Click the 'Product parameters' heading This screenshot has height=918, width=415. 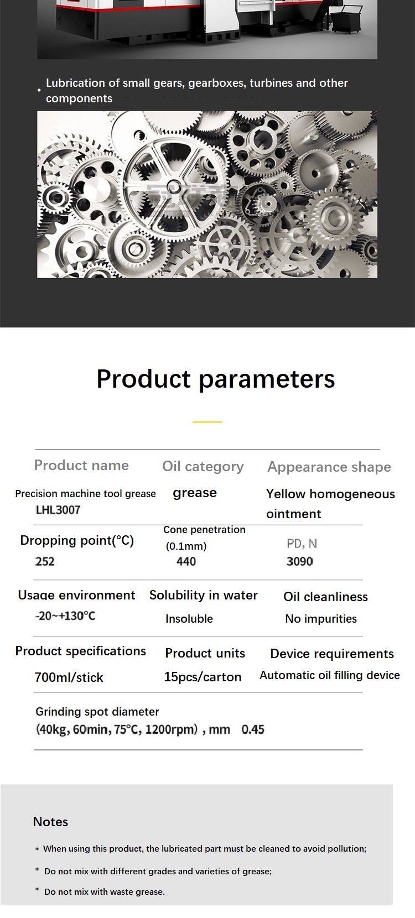[216, 379]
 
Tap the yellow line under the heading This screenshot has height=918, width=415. [207, 422]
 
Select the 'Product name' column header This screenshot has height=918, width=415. [81, 465]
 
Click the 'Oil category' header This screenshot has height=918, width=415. [203, 467]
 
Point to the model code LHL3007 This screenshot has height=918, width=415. [58, 510]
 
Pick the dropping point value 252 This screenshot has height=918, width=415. [45, 561]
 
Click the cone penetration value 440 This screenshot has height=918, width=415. [186, 561]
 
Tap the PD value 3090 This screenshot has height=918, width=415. [300, 561]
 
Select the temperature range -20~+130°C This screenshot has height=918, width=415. [65, 616]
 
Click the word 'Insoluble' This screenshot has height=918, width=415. [189, 619]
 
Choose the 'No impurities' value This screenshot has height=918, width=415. [321, 619]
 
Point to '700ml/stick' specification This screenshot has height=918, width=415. [69, 677]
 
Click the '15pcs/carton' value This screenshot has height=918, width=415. [203, 677]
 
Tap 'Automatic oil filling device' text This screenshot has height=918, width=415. [330, 675]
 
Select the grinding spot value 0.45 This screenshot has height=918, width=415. [253, 729]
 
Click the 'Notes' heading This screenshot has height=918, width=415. [50, 822]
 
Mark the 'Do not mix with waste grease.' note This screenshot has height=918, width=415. [105, 892]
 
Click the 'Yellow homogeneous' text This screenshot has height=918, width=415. [330, 494]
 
